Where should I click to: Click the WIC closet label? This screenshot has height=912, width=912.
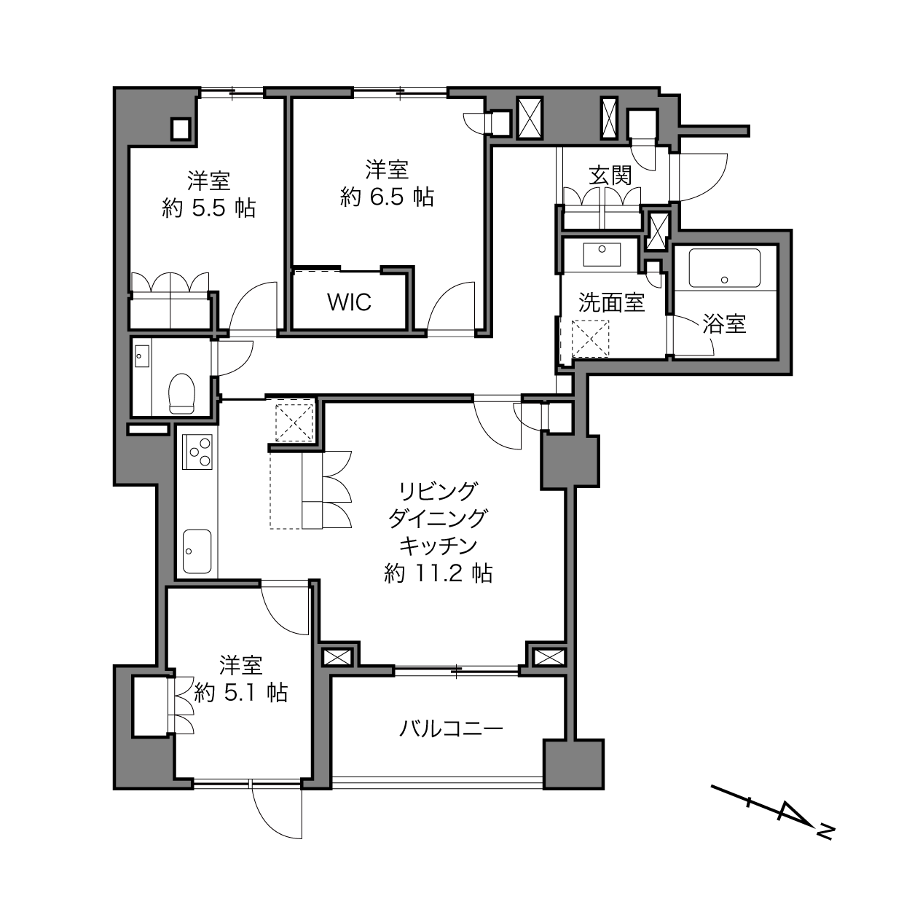[349, 302]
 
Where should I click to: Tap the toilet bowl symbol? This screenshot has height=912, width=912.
[181, 393]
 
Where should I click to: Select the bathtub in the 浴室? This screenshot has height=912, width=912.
[725, 268]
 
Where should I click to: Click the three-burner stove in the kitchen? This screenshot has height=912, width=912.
[197, 452]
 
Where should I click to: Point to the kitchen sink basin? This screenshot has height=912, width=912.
[197, 551]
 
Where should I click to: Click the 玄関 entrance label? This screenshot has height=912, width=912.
[610, 176]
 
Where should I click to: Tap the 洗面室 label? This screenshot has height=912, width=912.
[611, 302]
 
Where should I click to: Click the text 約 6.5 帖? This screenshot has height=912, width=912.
[387, 197]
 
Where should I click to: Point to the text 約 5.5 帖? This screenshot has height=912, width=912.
[209, 208]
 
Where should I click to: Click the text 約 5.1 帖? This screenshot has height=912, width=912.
[241, 693]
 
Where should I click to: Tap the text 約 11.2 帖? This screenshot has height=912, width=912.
[439, 573]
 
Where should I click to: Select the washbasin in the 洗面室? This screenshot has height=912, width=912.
[602, 255]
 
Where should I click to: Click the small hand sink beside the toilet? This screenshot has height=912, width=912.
[141, 356]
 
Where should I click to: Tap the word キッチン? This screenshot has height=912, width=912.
[439, 546]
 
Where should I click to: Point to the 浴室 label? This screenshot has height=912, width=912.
[724, 323]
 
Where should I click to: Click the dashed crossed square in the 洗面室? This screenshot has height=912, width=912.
[590, 339]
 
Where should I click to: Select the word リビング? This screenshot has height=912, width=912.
[439, 491]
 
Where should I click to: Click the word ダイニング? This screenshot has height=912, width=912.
[439, 519]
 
